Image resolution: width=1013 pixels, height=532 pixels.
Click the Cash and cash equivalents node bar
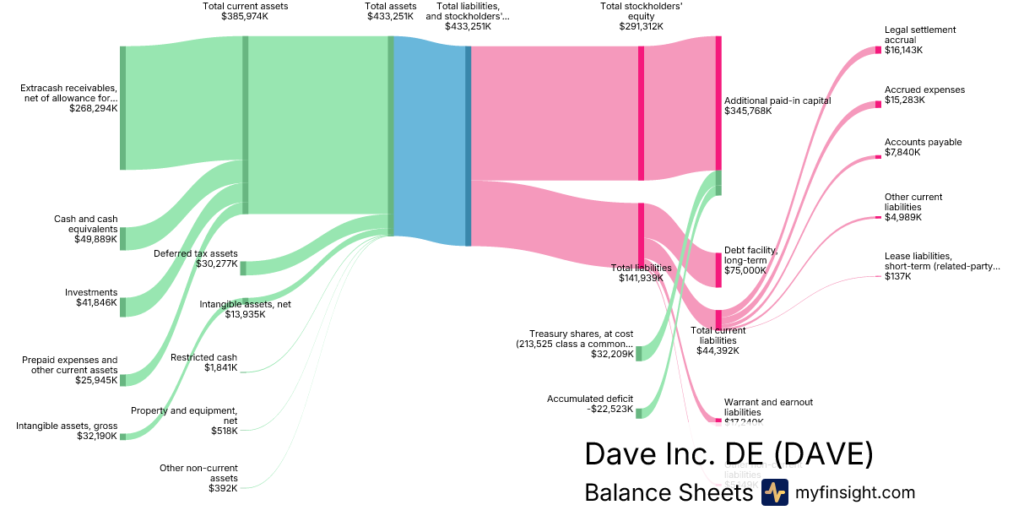pos(122,238)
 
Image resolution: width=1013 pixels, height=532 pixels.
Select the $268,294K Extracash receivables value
pos(93,108)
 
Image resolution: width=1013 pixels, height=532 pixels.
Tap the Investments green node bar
pos(122,307)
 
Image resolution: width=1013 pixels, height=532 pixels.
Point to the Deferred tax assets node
pos(243,268)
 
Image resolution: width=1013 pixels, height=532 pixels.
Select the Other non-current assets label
pos(198,473)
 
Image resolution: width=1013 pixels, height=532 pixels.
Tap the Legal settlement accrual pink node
pos(878,51)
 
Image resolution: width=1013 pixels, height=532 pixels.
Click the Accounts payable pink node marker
pos(878,157)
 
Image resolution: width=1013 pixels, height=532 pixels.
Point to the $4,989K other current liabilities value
pos(903,217)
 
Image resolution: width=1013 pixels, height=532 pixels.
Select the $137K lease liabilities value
pos(897,276)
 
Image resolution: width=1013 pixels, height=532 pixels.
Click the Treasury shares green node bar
pos(638,353)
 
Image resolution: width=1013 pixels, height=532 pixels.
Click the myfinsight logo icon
pos(774,492)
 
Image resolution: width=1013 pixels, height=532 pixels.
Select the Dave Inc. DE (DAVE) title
pos(729,454)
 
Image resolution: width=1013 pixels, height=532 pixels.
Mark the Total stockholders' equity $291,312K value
pos(641,26)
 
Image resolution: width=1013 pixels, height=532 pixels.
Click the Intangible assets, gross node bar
pos(122,437)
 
